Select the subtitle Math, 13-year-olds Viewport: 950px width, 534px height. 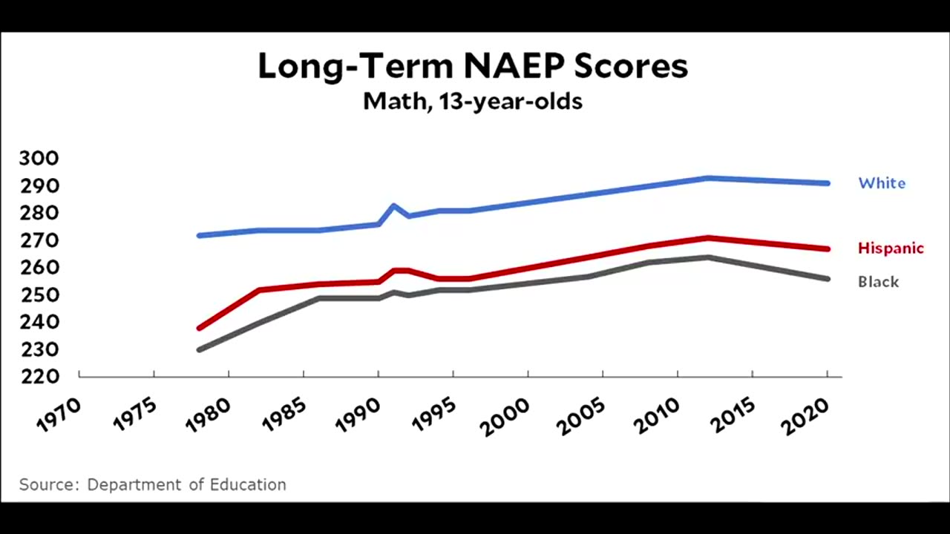coord(473,101)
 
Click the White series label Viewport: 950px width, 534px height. coord(882,183)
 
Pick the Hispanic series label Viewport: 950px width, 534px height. coord(891,248)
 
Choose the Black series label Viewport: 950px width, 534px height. coord(878,282)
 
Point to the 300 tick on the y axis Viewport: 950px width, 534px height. coord(39,158)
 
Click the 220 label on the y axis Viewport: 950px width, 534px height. coord(39,377)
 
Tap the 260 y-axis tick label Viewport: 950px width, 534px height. coord(39,268)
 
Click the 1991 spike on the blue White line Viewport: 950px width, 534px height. coord(393,205)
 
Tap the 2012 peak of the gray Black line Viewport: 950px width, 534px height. coord(708,257)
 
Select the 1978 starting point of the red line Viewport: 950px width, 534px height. coord(199,328)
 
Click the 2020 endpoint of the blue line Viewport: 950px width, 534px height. coord(827,183)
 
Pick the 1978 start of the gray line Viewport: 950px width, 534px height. coord(199,349)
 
